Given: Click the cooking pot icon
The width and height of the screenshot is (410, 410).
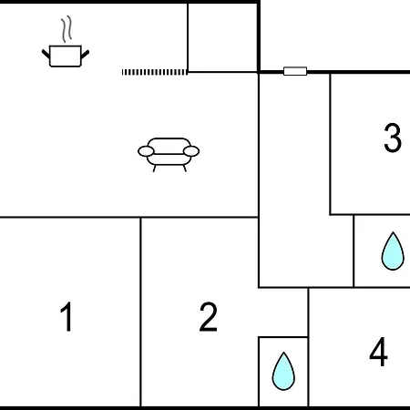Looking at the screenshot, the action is (x=66, y=56).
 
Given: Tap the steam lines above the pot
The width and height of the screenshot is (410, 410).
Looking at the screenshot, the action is (x=67, y=29).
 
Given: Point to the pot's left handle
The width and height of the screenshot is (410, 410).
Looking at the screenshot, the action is (x=46, y=54).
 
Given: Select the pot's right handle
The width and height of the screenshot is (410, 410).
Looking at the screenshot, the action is (x=85, y=55).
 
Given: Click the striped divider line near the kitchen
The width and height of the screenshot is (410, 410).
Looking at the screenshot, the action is (x=154, y=72).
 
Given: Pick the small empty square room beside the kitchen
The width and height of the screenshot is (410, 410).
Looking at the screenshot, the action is (x=222, y=37).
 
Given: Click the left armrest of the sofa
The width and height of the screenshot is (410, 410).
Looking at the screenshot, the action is (x=146, y=151).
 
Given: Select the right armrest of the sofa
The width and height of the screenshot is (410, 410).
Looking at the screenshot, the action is (x=191, y=151).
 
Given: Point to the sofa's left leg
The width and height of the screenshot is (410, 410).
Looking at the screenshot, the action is (x=155, y=169).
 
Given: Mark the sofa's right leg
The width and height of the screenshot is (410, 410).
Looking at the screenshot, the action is (x=184, y=169).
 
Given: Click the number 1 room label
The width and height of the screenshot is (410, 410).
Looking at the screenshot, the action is (x=67, y=317).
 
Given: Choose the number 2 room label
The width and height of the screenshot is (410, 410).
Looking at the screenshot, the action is (x=209, y=317).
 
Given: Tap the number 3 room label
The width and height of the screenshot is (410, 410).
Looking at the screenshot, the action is (x=393, y=138).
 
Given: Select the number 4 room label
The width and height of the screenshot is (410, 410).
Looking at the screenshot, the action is (x=379, y=352).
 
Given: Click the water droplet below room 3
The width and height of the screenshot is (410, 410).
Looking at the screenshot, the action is (x=393, y=251).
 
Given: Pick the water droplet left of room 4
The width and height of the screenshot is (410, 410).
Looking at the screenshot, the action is (x=283, y=372).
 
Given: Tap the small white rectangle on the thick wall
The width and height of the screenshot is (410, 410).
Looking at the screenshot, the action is (x=295, y=71).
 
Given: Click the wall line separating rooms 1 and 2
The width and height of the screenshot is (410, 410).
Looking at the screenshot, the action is (x=140, y=312).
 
